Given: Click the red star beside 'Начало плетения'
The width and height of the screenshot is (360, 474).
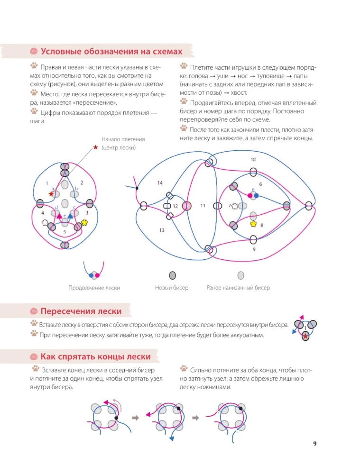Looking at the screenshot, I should tap(95, 148).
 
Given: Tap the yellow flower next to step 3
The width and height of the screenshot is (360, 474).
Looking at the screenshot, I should tap(85, 222).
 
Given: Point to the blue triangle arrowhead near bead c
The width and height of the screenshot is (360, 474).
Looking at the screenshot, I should tap(70, 216).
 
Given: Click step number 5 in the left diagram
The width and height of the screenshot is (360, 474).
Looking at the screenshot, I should tap(65, 232).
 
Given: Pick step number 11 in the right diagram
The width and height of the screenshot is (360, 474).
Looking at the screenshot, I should tap(203, 206).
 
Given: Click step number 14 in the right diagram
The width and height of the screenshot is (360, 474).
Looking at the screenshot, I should tap(160, 182).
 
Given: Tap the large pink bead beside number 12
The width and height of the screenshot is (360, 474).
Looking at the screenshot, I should tap(187, 206).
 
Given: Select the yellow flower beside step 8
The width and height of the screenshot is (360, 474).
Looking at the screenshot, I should tap(253, 223).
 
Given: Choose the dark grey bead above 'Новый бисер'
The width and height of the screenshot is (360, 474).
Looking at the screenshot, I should tap(173, 275).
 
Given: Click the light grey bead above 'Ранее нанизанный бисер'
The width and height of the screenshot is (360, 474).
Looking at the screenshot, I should tap(240, 275).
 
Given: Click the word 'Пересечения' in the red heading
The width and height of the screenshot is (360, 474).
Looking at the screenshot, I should tap(67, 311).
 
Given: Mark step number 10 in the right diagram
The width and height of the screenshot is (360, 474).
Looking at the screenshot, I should tap(253, 160).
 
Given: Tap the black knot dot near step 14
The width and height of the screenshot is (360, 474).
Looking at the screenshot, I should tap(137, 188).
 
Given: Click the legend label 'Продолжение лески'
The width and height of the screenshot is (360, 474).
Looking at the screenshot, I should tap(94, 288).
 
